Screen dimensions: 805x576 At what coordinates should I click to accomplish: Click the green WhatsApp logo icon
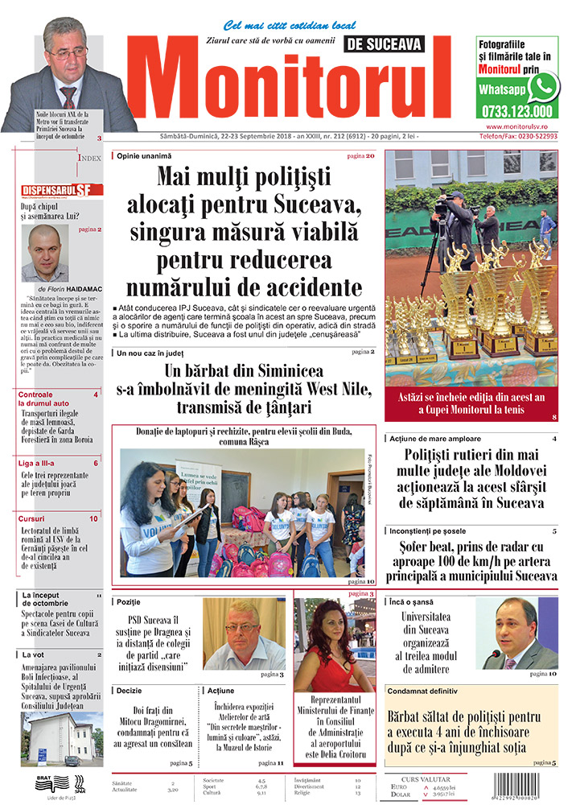[x=544, y=85]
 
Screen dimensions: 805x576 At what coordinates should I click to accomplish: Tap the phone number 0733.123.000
[x=516, y=111]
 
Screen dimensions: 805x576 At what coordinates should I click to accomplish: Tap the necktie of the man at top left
[x=70, y=96]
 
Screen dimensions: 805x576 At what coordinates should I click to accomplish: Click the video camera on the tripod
[x=445, y=207]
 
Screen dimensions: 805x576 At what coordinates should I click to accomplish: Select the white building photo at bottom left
[x=60, y=738]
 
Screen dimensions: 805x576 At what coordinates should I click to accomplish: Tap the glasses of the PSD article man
[x=241, y=627]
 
